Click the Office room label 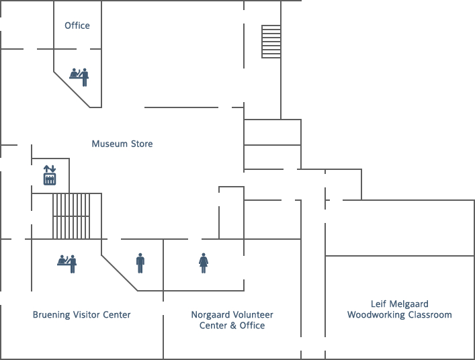(x=77, y=26)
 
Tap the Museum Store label (x=122, y=144)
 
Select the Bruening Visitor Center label (x=81, y=314)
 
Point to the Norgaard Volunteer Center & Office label (x=232, y=320)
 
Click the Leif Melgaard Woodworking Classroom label (x=399, y=309)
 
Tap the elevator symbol (x=50, y=175)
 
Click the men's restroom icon (x=140, y=263)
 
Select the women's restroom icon (x=204, y=263)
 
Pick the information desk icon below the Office (x=79, y=77)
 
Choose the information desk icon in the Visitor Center (x=67, y=264)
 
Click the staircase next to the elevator (x=71, y=216)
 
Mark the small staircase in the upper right (x=271, y=42)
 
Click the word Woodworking (x=376, y=315)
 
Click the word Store (x=142, y=144)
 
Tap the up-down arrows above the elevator (x=50, y=169)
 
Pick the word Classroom (x=430, y=315)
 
